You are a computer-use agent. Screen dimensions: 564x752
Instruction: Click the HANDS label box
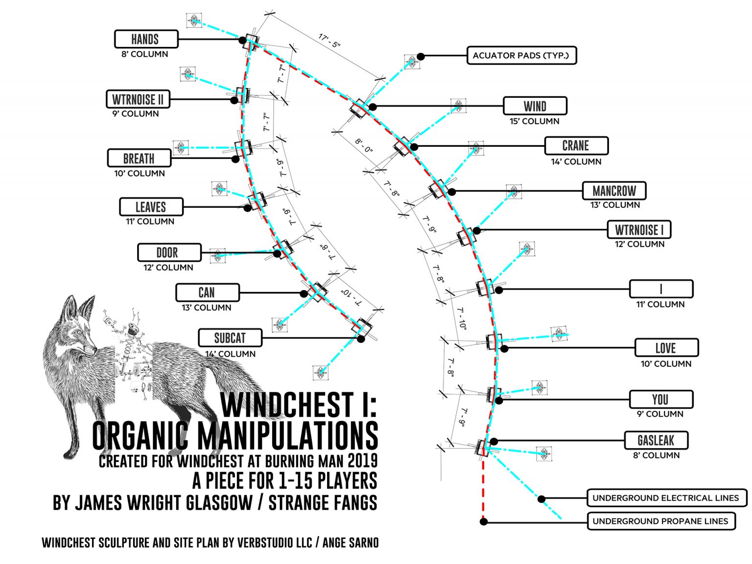146,39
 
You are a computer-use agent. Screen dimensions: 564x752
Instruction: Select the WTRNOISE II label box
138,99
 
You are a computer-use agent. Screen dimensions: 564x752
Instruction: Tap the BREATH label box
139,158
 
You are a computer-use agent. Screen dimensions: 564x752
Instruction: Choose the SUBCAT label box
230,338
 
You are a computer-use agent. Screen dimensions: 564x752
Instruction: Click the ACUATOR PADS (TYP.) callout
521,55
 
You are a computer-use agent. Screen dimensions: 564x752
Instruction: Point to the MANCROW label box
614,191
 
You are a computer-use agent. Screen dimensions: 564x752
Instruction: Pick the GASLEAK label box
656,440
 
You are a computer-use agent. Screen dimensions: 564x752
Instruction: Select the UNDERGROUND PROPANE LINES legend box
660,521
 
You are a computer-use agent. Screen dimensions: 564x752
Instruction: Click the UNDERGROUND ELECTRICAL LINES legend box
666,498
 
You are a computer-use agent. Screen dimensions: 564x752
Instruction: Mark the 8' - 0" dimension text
364,145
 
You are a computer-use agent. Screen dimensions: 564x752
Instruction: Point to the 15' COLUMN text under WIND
534,121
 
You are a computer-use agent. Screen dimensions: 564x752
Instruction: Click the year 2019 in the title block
362,460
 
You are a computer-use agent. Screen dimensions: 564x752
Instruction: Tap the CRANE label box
576,146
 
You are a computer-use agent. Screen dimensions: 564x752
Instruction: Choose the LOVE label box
666,348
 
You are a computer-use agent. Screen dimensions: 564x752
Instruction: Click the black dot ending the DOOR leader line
278,253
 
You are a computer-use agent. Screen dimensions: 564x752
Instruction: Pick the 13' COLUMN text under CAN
206,308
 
